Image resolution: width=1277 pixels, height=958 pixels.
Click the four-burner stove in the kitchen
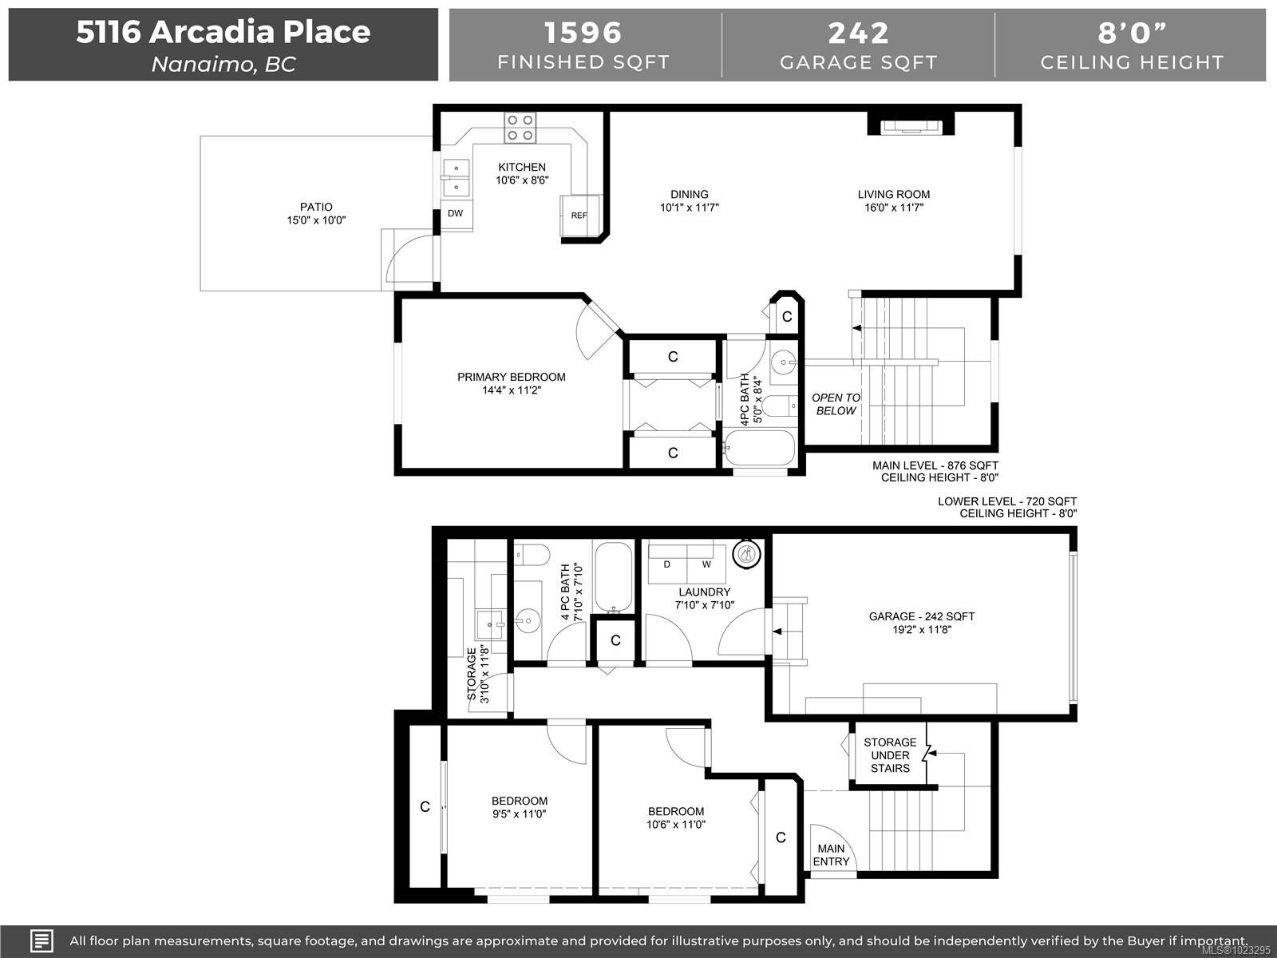click(520, 128)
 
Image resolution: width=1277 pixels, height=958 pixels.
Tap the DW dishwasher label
click(455, 213)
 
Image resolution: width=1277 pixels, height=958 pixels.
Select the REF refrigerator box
click(579, 216)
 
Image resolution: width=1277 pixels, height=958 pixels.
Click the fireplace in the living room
click(911, 128)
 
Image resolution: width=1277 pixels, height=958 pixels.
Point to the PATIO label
click(316, 207)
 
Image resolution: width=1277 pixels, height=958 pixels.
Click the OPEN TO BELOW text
click(836, 404)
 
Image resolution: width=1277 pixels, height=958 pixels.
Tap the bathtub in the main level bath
click(759, 448)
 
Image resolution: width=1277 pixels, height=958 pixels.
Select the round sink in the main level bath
click(784, 362)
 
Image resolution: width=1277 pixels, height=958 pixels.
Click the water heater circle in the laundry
click(747, 554)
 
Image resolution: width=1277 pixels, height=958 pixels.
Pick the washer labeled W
click(706, 564)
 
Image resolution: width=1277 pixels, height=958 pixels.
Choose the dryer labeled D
click(667, 564)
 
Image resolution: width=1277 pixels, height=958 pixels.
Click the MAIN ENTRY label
click(831, 855)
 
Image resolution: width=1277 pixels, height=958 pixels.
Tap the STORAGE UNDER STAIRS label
click(890, 755)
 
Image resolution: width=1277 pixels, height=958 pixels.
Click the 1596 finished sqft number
click(583, 33)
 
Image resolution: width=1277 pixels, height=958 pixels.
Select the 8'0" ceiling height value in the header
click(1132, 33)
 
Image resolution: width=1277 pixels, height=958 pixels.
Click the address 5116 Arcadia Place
click(223, 31)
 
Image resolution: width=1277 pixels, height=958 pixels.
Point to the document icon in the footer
click(42, 940)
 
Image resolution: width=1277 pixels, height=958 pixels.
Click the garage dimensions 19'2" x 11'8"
click(922, 629)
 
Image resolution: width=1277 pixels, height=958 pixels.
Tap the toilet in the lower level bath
click(532, 555)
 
